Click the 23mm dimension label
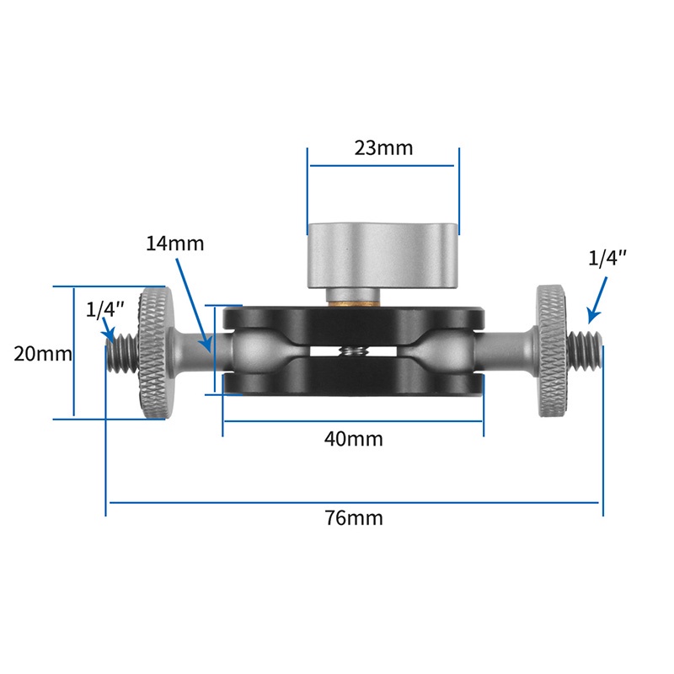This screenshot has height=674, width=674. click(x=383, y=148)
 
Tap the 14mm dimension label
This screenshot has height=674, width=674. click(x=175, y=244)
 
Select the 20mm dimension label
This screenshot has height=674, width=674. click(x=42, y=354)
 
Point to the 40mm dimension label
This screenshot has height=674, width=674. click(x=354, y=439)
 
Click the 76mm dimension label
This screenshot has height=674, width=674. click(x=354, y=517)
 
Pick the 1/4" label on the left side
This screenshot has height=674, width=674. click(x=104, y=309)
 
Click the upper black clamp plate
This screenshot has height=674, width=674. click(x=354, y=322)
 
